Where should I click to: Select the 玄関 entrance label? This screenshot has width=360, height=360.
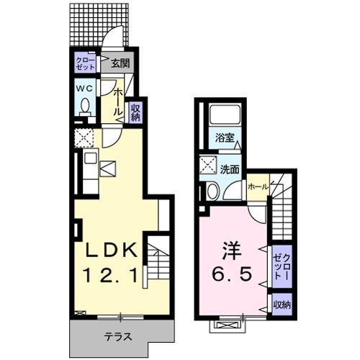[119, 63]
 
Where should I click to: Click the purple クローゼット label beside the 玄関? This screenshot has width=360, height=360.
[85, 63]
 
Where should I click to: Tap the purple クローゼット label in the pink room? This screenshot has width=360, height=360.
[280, 266]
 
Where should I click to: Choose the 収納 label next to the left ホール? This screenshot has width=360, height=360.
[134, 112]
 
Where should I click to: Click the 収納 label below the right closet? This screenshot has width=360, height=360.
[280, 305]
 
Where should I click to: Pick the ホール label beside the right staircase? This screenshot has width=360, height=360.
[257, 186]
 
